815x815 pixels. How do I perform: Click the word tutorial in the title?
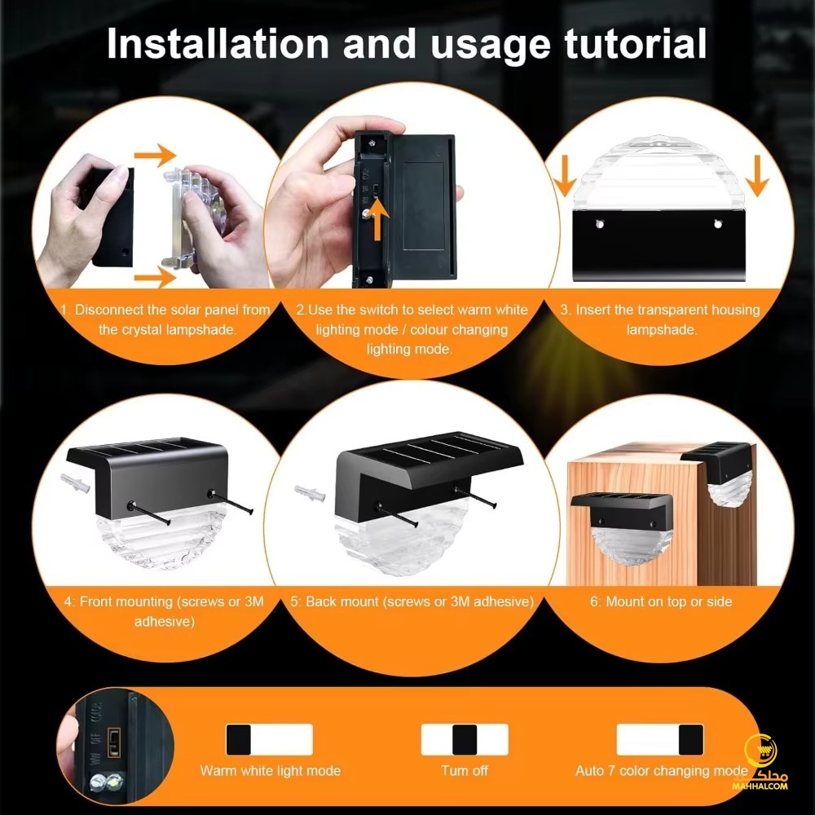pyautogui.click(x=635, y=43)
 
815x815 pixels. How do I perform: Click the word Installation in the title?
pyautogui.click(x=218, y=43)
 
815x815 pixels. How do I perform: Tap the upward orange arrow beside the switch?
pyautogui.click(x=380, y=219)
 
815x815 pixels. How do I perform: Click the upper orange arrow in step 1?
pyautogui.click(x=156, y=155)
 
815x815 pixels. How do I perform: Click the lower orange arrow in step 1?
pyautogui.click(x=156, y=277)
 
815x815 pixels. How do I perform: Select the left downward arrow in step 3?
pyautogui.click(x=565, y=175)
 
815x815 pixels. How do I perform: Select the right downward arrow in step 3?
pyautogui.click(x=757, y=175)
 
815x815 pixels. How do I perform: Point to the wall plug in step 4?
pyautogui.click(x=75, y=482)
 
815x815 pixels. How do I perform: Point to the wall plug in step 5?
pyautogui.click(x=310, y=493)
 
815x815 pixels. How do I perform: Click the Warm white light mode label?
pyautogui.click(x=271, y=770)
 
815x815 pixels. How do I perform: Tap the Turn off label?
pyautogui.click(x=465, y=770)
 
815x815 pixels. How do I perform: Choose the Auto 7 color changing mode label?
pyautogui.click(x=661, y=770)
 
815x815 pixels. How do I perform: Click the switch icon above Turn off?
pyautogui.click(x=465, y=739)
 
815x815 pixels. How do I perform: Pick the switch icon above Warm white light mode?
pyautogui.click(x=269, y=739)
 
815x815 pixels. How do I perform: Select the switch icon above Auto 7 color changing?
pyautogui.click(x=660, y=739)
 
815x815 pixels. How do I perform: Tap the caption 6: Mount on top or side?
pyautogui.click(x=661, y=601)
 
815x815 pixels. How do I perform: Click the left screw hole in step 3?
pyautogui.click(x=599, y=224)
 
